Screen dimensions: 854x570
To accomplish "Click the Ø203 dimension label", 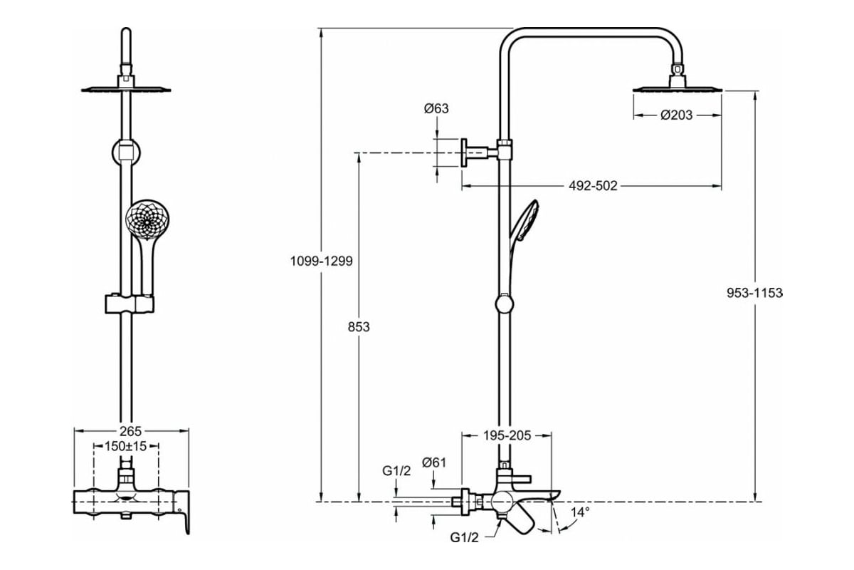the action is tap(676, 115).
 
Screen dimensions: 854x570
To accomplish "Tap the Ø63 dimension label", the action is tap(436, 108).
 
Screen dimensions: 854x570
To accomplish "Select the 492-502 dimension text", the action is tap(593, 186).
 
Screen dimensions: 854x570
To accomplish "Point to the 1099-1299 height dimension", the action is tap(322, 261).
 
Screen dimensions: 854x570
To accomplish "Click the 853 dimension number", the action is tap(359, 327).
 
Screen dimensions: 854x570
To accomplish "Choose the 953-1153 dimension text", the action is tap(754, 293).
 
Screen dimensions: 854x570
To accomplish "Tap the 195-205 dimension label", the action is tap(507, 435).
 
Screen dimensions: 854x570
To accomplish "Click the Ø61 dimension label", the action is tap(434, 462).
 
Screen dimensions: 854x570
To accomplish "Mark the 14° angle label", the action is tap(580, 512).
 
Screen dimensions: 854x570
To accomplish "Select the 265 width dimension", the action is tap(131, 431).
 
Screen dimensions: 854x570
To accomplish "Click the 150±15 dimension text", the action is tap(125, 446).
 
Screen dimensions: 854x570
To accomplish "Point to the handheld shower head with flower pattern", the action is tap(147, 220).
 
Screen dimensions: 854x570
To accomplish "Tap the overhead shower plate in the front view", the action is tap(126, 90).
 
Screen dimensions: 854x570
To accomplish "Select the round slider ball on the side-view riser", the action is tap(505, 304).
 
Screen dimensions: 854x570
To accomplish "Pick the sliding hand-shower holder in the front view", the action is tap(130, 304).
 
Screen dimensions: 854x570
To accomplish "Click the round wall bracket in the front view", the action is tap(126, 152).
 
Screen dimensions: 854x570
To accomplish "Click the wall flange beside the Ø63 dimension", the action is tap(464, 152).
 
